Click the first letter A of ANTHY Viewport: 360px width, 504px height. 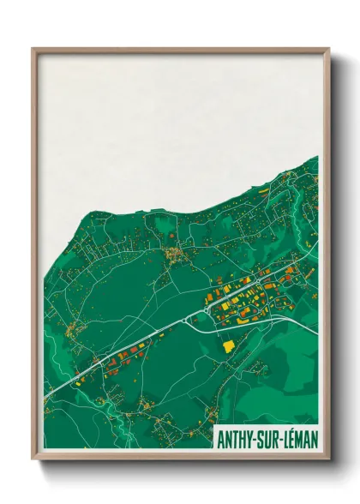(221, 440)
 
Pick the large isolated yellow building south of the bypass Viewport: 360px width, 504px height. (229, 346)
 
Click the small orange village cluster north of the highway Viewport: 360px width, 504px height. (178, 254)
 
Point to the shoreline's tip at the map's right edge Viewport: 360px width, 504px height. (316, 158)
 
